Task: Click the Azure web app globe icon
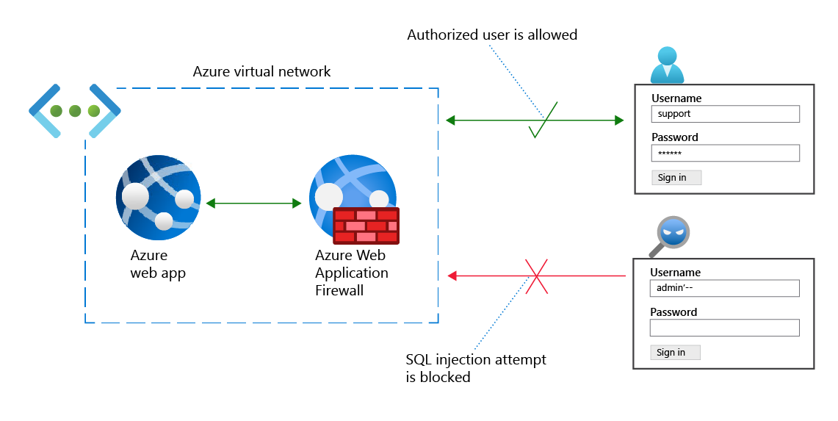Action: pyautogui.click(x=159, y=198)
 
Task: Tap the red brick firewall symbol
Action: pyautogui.click(x=366, y=226)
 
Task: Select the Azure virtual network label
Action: pyautogui.click(x=261, y=71)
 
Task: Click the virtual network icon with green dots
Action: pyautogui.click(x=74, y=111)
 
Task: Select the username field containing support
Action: pyautogui.click(x=725, y=114)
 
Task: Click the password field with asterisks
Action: pyautogui.click(x=725, y=153)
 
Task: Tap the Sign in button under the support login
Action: pyautogui.click(x=676, y=177)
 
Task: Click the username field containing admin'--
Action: pyautogui.click(x=725, y=288)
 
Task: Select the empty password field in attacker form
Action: pyautogui.click(x=725, y=328)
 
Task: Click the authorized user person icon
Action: pyautogui.click(x=667, y=65)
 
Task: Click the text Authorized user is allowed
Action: pyautogui.click(x=492, y=35)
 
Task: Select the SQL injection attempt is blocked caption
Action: pyautogui.click(x=476, y=368)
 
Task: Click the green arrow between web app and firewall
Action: pyautogui.click(x=254, y=204)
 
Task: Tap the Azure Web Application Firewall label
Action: pyautogui.click(x=352, y=273)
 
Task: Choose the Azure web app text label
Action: pyautogui.click(x=158, y=265)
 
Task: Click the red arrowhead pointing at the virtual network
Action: pyautogui.click(x=453, y=276)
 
